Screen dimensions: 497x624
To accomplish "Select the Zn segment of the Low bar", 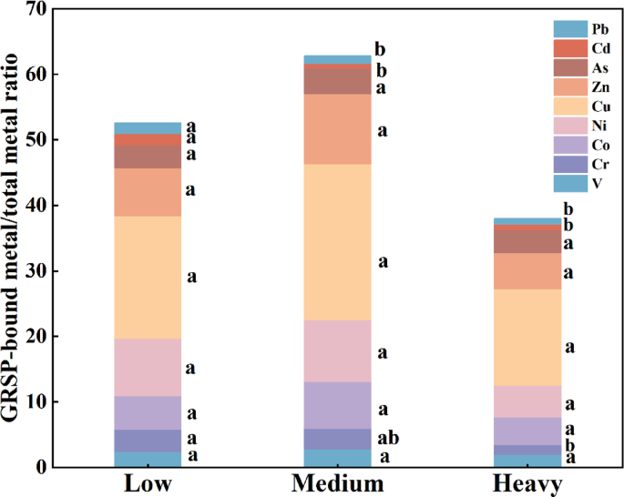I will click(148, 192).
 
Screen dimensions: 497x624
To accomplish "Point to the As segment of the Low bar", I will click(148, 157).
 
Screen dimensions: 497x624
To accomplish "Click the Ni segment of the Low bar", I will click(148, 367).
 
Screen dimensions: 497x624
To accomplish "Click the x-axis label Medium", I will click(332, 483).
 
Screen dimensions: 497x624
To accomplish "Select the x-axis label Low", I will click(148, 483).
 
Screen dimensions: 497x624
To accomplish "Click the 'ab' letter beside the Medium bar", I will click(388, 438).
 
